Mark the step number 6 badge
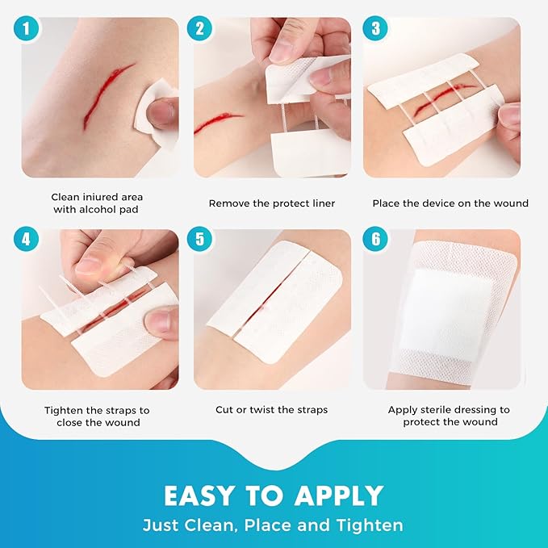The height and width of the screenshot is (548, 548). pyautogui.click(x=374, y=241)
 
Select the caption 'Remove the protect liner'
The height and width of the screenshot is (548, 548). pyautogui.click(x=271, y=203)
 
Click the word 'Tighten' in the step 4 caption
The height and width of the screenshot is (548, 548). pyautogui.click(x=65, y=410)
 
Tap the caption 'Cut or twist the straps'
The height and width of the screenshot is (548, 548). pyautogui.click(x=271, y=410)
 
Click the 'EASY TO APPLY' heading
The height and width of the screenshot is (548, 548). pyautogui.click(x=274, y=495)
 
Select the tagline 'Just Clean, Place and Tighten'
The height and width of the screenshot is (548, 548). pyautogui.click(x=274, y=525)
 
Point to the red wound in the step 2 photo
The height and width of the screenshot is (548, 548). pyautogui.click(x=218, y=123)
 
